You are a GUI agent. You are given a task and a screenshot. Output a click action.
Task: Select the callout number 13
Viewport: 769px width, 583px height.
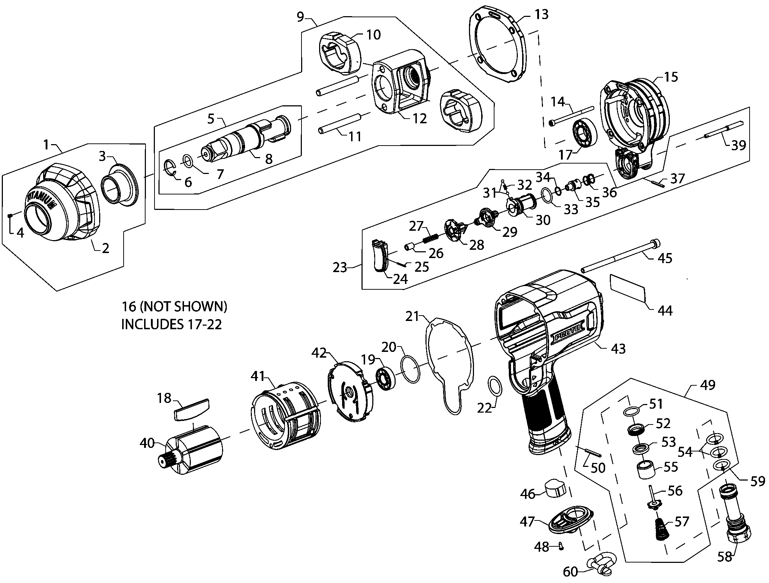click(x=541, y=14)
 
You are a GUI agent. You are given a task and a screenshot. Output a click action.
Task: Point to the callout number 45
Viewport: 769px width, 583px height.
click(x=664, y=258)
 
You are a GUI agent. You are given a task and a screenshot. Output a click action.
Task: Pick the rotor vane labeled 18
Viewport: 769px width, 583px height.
click(x=192, y=409)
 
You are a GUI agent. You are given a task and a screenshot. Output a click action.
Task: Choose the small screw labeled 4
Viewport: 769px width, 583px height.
click(x=10, y=215)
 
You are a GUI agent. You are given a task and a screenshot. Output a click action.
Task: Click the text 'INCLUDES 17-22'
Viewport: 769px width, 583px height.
click(x=171, y=324)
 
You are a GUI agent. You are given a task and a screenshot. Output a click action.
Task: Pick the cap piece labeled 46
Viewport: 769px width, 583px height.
click(x=556, y=489)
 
